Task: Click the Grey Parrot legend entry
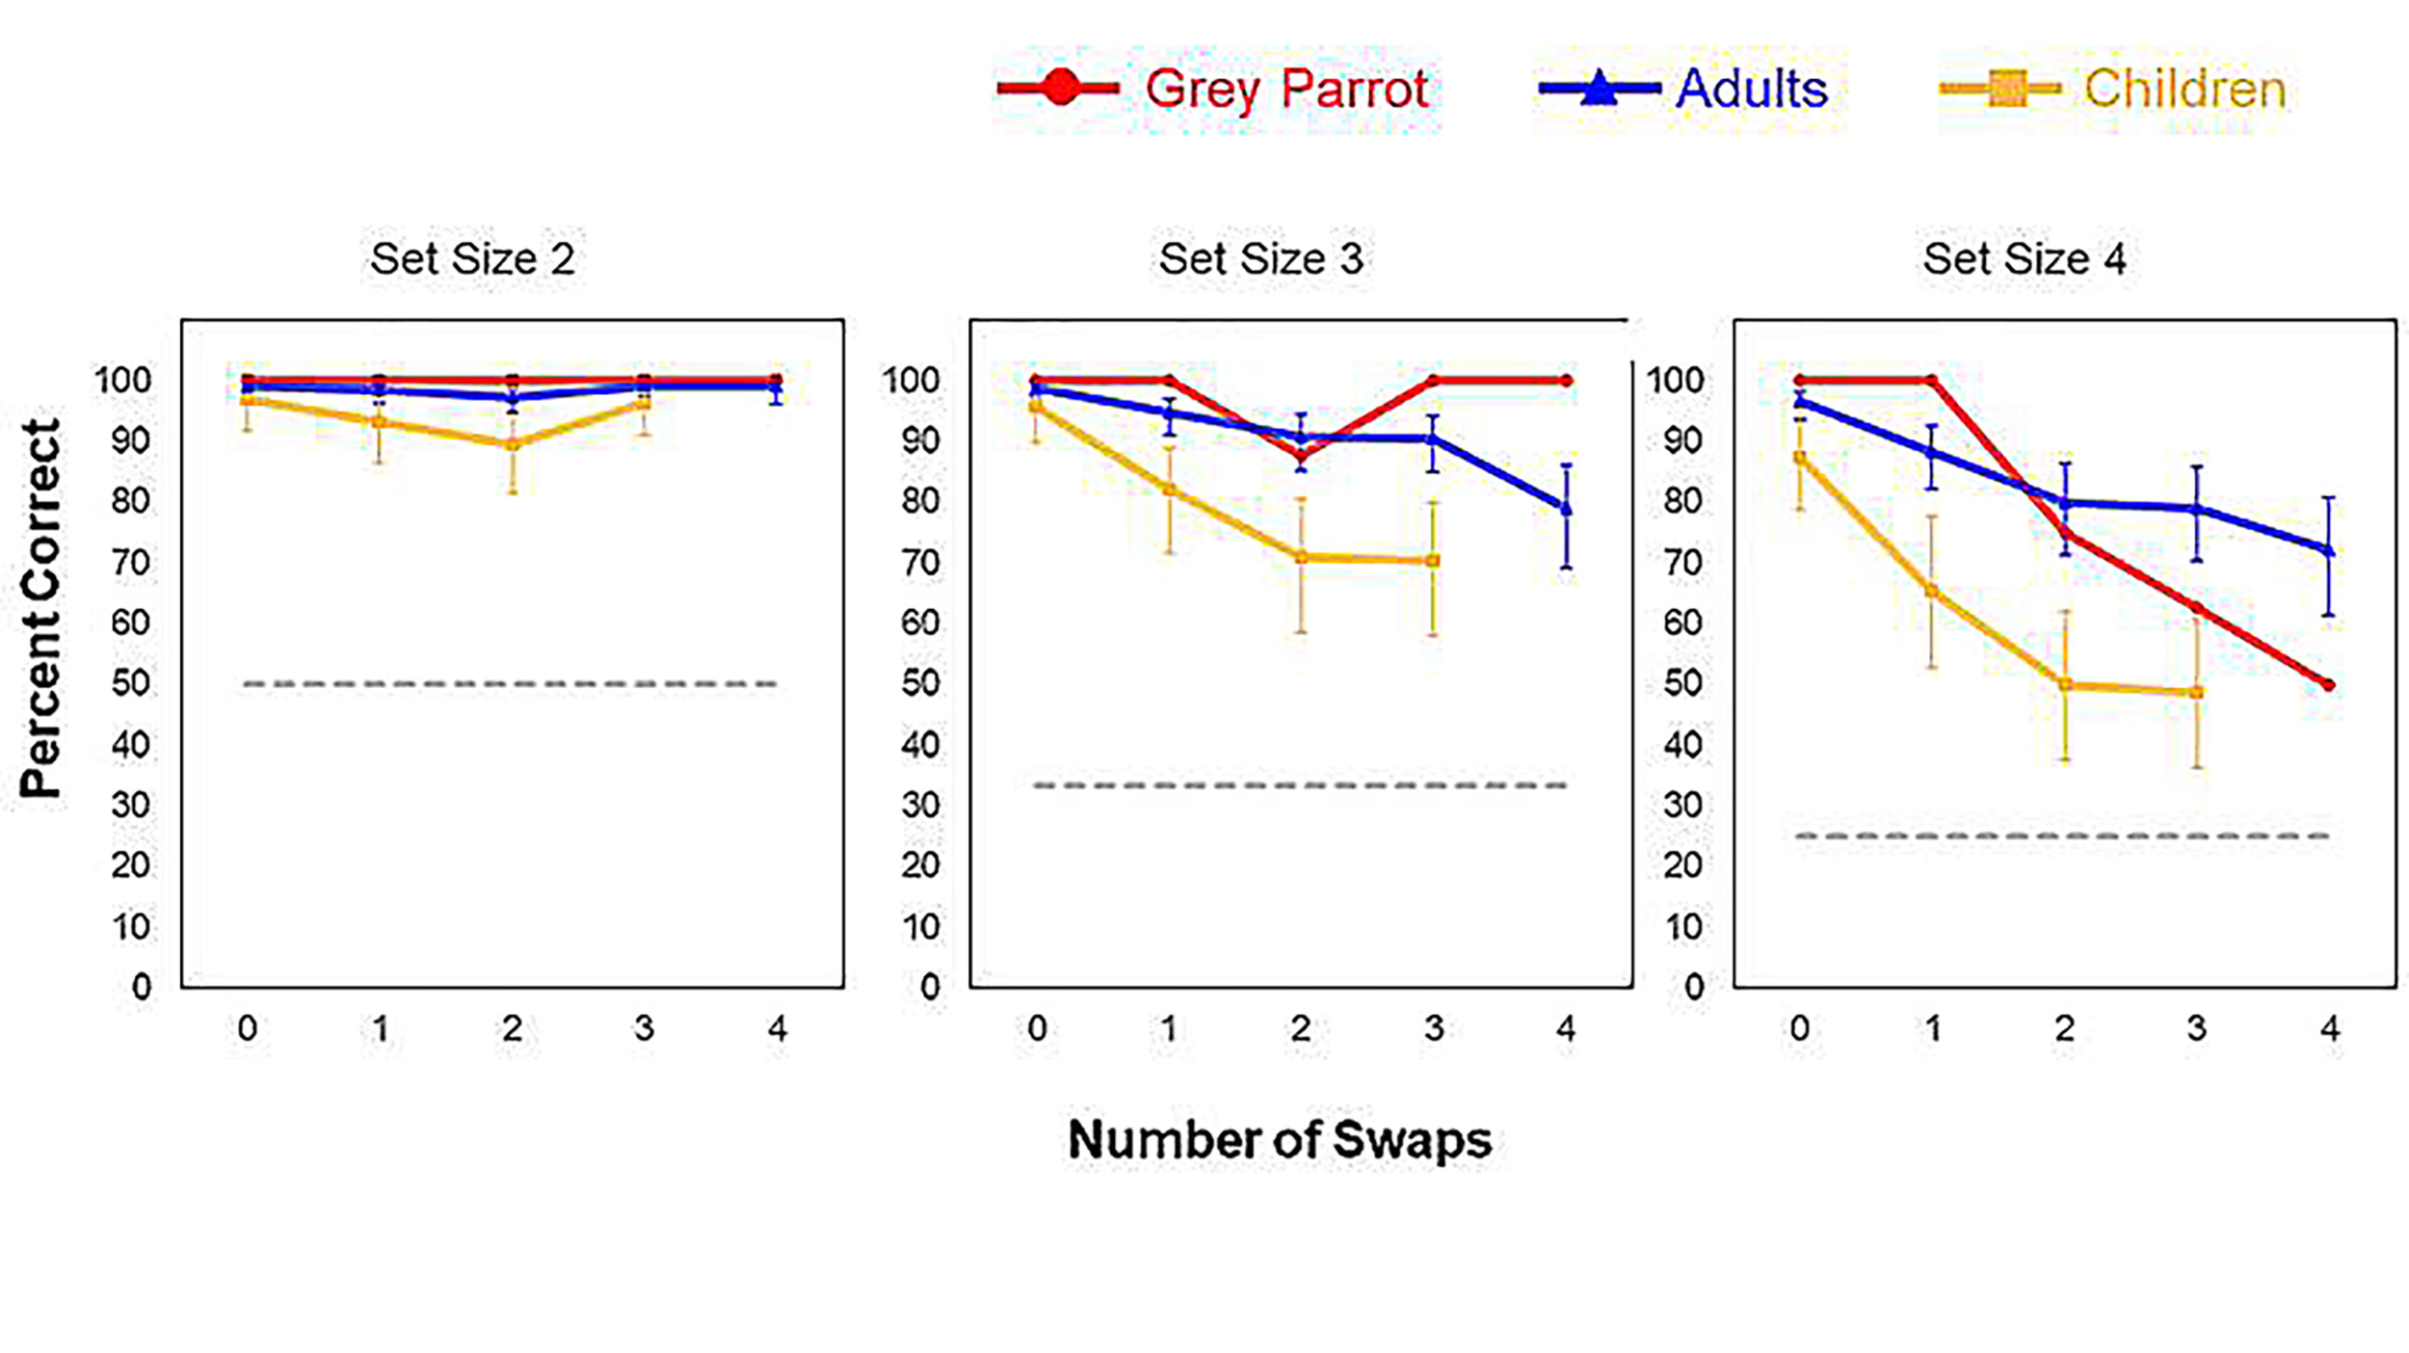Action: pos(1214,89)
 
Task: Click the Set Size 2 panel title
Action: pos(472,258)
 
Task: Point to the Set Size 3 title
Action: pos(1260,258)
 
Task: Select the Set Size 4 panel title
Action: pos(2024,258)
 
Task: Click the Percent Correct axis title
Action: pos(40,607)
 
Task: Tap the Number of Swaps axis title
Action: pos(1280,1139)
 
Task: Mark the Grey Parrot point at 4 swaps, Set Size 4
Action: pos(2329,685)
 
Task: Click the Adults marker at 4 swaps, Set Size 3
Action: pos(1566,508)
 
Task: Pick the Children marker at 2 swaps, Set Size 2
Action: pos(513,444)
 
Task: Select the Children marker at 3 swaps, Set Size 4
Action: pos(2197,692)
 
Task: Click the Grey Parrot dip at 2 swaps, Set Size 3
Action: pos(1301,457)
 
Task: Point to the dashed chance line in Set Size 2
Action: pos(511,684)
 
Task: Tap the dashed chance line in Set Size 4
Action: pos(2062,836)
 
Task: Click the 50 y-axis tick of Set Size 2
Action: pos(130,683)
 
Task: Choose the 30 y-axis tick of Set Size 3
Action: pos(919,805)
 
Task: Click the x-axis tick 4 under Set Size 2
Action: pos(777,1029)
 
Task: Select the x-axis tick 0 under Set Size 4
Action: pos(1799,1029)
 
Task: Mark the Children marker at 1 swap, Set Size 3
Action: pos(1169,490)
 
